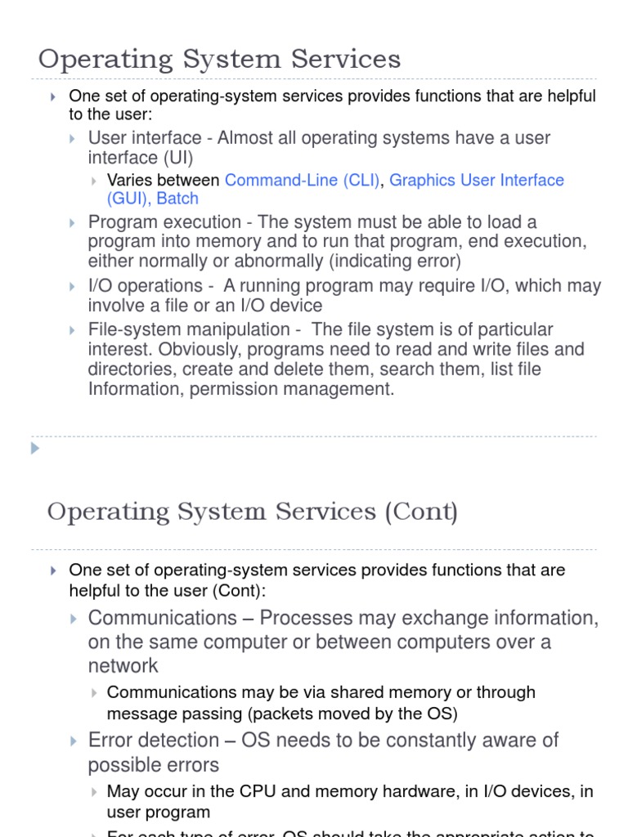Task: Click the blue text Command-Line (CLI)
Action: coord(302,181)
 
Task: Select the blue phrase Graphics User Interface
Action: coord(477,181)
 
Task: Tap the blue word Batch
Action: coord(177,199)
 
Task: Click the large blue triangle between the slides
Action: coord(34,448)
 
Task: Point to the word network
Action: coord(123,666)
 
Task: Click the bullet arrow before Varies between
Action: coord(95,181)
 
